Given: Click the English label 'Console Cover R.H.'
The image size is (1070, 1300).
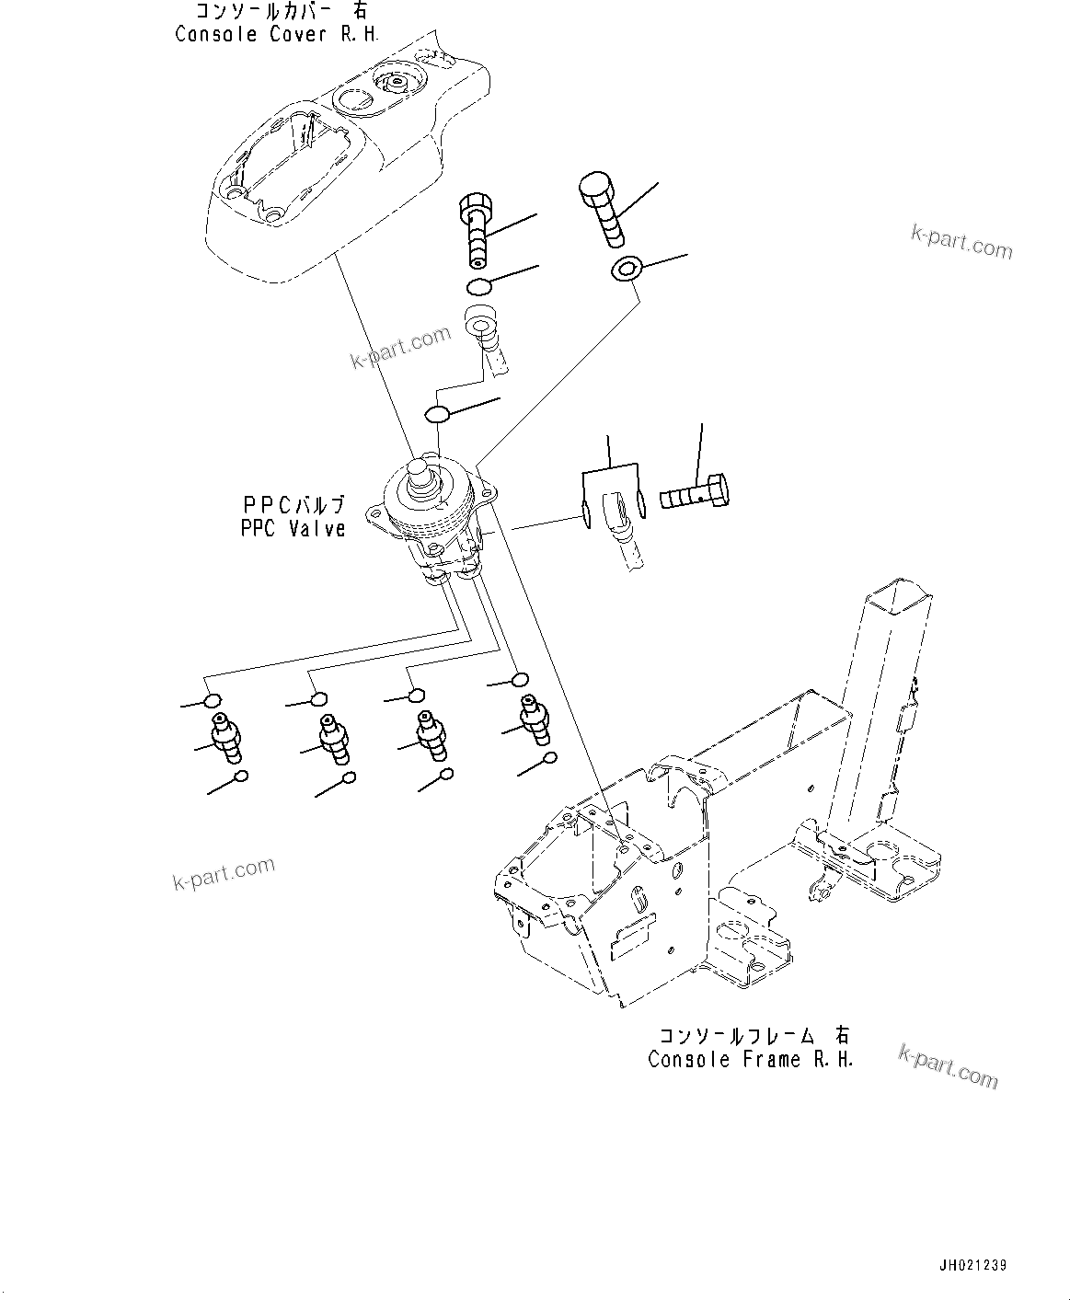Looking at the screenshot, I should click(276, 34).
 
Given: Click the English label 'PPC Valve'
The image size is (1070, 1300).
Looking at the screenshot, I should click(293, 528).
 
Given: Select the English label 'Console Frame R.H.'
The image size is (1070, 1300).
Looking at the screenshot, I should click(750, 1059).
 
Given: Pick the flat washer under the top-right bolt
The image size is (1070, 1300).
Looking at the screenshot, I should click(626, 270).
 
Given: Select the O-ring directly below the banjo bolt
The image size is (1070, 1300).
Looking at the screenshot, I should click(477, 286).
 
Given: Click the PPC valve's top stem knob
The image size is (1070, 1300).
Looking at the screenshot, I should click(425, 475).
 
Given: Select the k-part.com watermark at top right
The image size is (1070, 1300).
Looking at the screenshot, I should click(961, 243).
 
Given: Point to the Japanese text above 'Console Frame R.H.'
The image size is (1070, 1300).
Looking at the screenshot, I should click(750, 1036).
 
